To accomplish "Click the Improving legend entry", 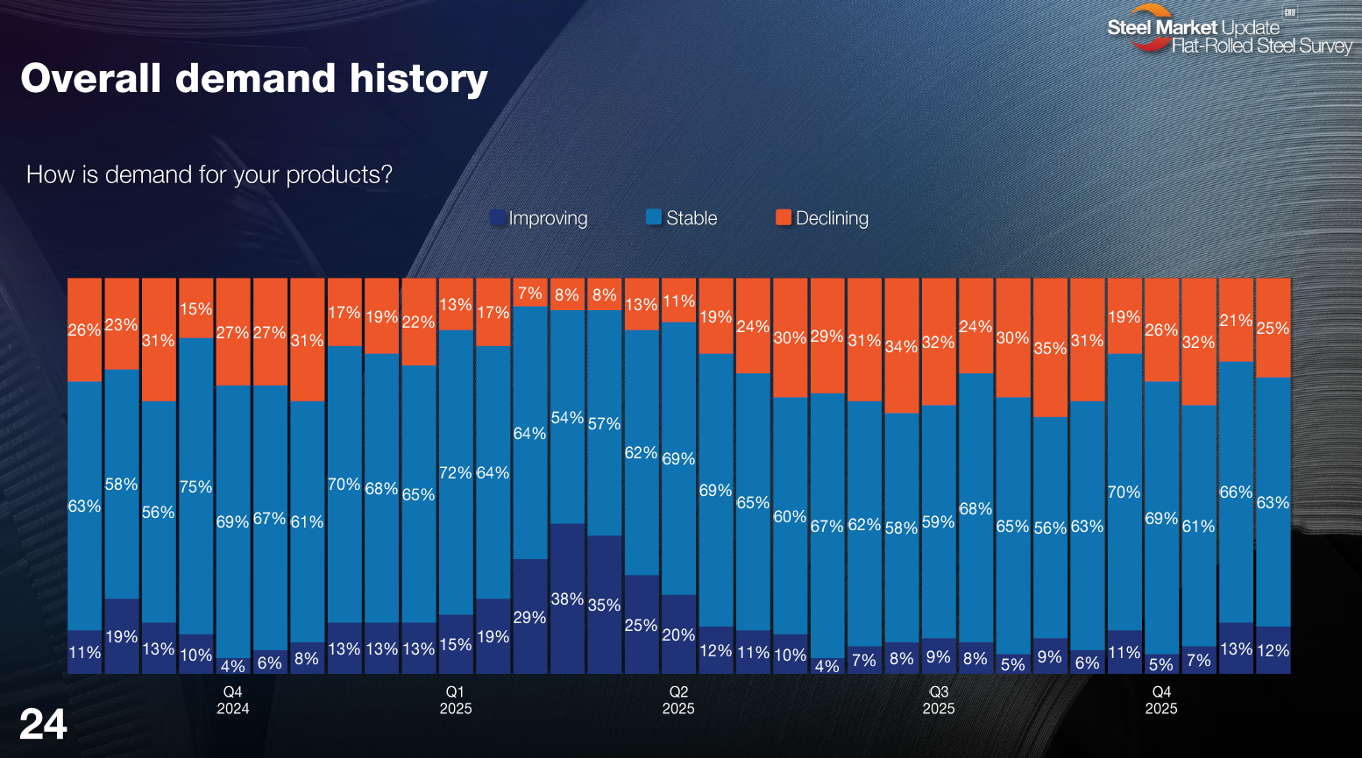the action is (x=539, y=218).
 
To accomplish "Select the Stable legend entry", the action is (x=682, y=218).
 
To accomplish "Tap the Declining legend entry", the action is (x=822, y=218).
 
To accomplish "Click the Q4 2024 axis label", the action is (x=233, y=700).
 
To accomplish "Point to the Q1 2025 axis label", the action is (x=456, y=700).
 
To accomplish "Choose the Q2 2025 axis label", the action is (x=678, y=700).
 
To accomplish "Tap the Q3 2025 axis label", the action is (x=938, y=700).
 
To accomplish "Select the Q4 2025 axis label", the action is (x=1160, y=700).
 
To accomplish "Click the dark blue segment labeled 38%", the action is (x=567, y=599).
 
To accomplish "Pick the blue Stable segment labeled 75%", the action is (x=195, y=486).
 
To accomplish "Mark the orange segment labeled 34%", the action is (x=901, y=346).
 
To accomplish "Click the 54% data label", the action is (x=567, y=418).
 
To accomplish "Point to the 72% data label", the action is (x=456, y=472).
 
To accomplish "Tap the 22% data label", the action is (x=418, y=322).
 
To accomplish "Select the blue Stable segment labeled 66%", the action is (x=1236, y=492).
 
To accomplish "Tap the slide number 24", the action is (x=43, y=724).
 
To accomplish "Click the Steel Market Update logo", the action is (x=1228, y=31).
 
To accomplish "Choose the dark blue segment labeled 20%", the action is (x=678, y=634).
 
